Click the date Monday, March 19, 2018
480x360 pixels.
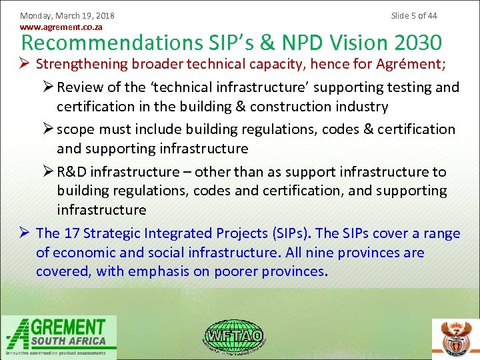[x=67, y=15]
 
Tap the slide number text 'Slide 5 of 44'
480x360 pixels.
[x=414, y=15]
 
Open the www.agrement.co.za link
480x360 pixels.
[x=61, y=27]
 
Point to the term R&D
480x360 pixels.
[x=71, y=172]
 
